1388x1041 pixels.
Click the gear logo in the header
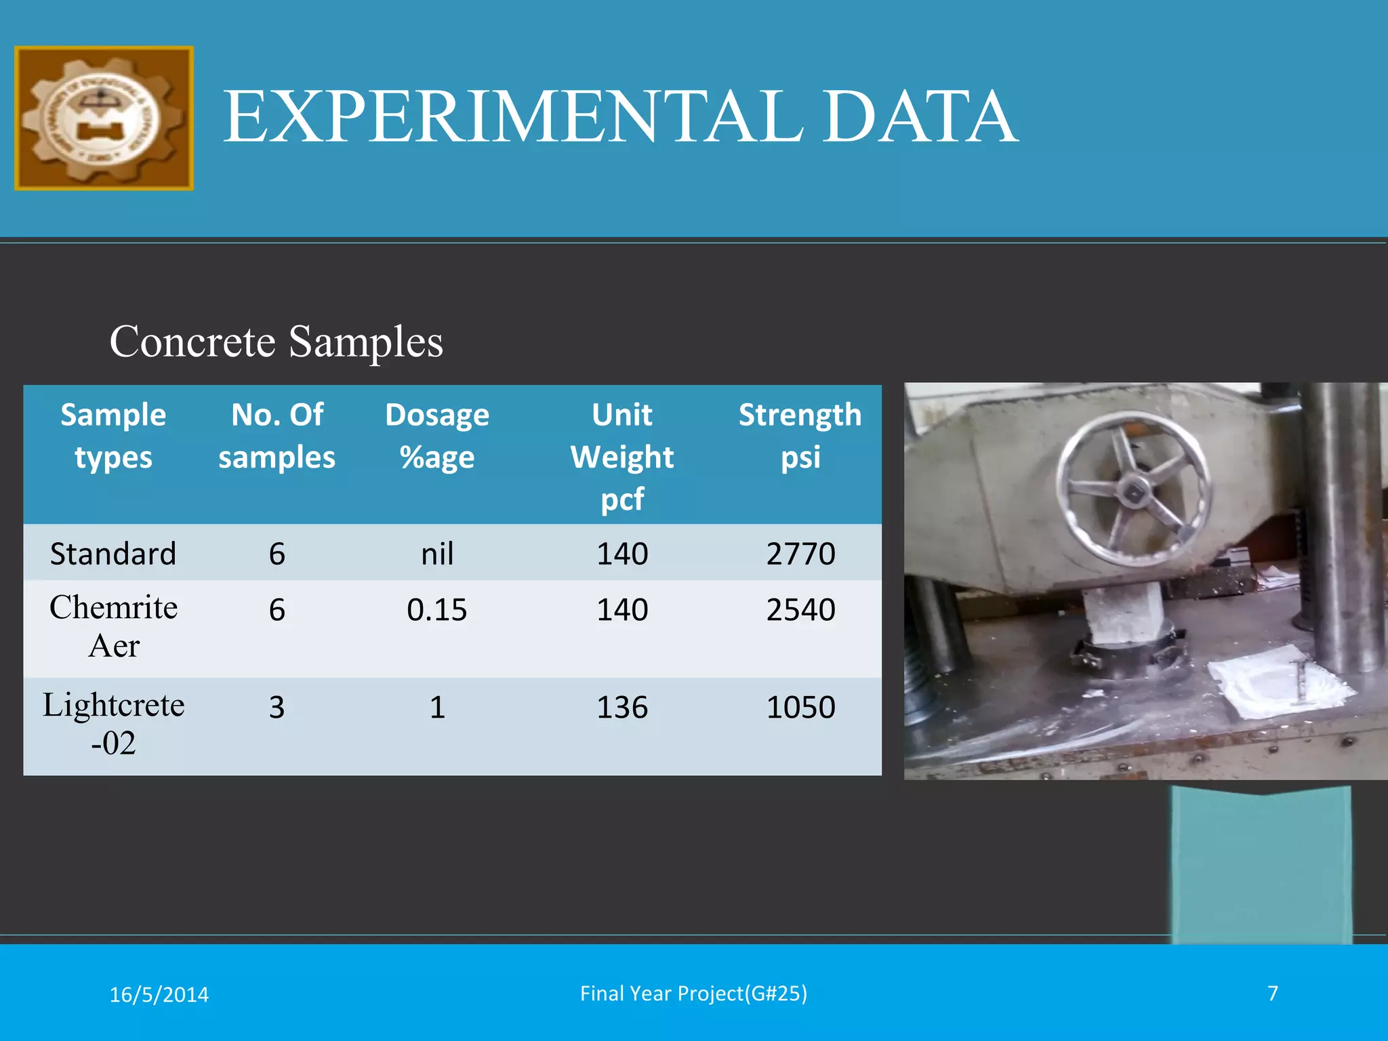pos(104,119)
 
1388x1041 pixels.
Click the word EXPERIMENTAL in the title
pos(512,117)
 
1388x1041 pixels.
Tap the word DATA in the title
pos(920,117)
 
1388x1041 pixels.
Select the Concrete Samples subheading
pos(276,341)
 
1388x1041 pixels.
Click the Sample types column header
pos(113,436)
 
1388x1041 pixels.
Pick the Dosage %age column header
pos(437,436)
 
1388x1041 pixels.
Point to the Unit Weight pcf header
pos(622,456)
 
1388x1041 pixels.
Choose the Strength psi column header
pos(800,436)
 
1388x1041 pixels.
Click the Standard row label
pos(113,554)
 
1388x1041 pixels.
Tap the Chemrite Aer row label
pos(113,626)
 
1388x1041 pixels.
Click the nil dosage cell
pos(437,554)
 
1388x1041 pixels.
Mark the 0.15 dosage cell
pos(437,609)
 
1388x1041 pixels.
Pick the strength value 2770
pos(800,554)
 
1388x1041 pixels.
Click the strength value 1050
pos(800,707)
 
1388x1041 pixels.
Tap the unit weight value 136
pos(622,707)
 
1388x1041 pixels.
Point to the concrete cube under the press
pos(1122,613)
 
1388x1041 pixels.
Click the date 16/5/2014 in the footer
pos(159,994)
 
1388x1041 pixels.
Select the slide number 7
pos(1273,993)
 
